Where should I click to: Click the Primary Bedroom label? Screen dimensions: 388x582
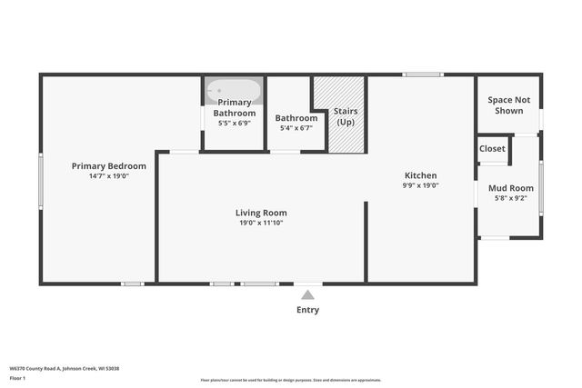click(x=109, y=166)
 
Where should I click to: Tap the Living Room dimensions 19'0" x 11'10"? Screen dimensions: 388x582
click(x=261, y=223)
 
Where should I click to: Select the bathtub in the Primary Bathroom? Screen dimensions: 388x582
click(x=234, y=91)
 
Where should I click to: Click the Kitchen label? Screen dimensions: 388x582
click(x=420, y=175)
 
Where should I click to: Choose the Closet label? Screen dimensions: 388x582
click(x=492, y=148)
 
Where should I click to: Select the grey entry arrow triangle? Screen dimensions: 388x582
click(x=308, y=294)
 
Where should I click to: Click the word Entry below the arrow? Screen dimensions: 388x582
click(x=308, y=310)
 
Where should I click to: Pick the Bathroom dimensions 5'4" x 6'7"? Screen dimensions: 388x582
click(x=296, y=128)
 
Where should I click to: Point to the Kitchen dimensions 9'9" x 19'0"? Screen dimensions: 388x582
click(x=420, y=185)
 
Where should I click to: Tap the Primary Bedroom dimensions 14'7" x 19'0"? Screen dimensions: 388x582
click(x=109, y=176)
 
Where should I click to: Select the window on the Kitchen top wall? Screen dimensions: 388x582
click(x=424, y=75)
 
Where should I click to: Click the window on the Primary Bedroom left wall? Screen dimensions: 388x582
click(x=41, y=182)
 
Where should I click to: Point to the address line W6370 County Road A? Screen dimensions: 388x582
click(x=65, y=368)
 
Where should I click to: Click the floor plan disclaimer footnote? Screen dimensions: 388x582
click(x=291, y=379)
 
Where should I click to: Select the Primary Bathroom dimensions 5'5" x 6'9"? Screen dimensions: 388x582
click(x=235, y=123)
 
